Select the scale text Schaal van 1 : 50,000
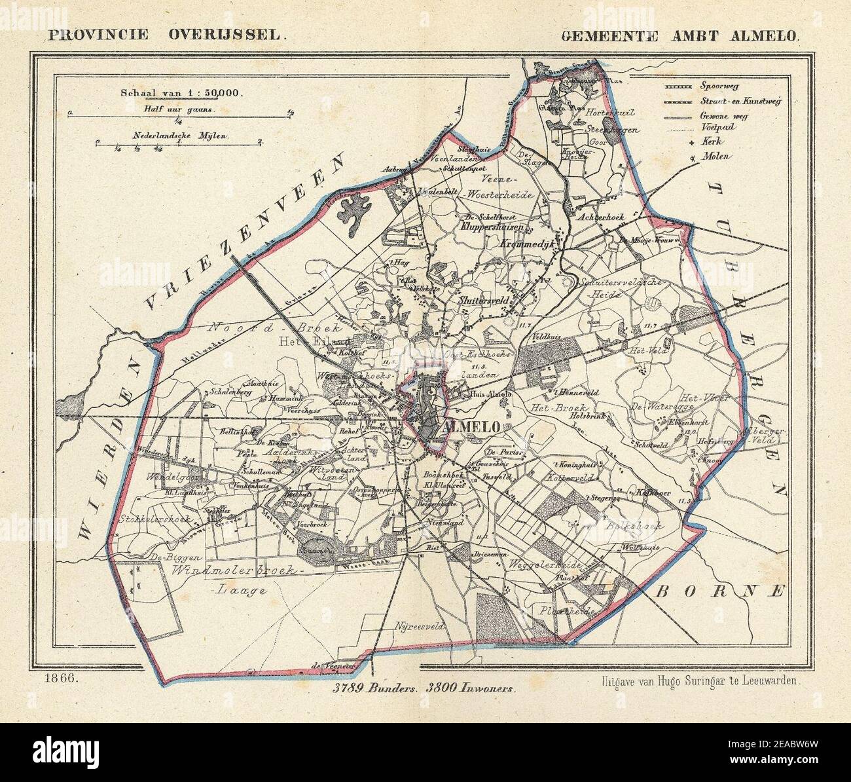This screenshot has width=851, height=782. [181, 93]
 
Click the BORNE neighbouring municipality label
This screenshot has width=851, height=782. [719, 591]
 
